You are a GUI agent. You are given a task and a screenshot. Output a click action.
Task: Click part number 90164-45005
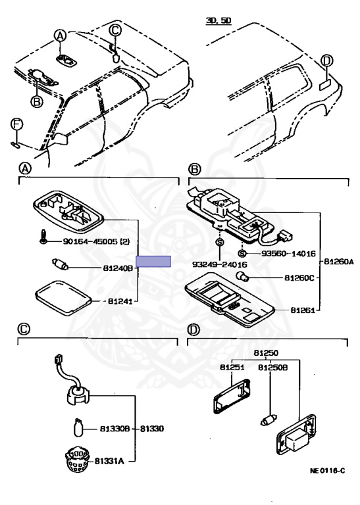click(x=90, y=241)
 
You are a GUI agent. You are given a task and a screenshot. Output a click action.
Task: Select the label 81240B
click(x=118, y=268)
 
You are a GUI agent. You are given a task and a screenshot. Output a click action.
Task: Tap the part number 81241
click(x=120, y=301)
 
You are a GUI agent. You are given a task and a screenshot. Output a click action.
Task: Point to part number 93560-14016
click(x=288, y=254)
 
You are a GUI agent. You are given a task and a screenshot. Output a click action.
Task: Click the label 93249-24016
click(x=219, y=264)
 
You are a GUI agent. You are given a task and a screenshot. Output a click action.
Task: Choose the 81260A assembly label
click(x=338, y=262)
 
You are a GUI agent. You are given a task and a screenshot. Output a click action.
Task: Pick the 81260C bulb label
click(x=299, y=277)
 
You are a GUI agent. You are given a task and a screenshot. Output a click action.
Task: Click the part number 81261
click(x=303, y=310)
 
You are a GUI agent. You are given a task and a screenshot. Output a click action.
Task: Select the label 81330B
click(x=115, y=429)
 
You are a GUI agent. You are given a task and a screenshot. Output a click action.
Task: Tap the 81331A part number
click(x=109, y=461)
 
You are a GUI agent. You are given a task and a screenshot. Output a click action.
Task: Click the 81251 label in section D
click(x=232, y=367)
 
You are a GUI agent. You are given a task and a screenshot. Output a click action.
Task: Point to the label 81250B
click(x=272, y=367)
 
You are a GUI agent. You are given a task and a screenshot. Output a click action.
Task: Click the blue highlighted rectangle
click(x=153, y=261)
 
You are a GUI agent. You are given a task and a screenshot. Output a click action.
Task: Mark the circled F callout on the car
click(x=16, y=125)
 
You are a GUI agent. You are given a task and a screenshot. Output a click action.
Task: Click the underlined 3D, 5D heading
click(x=219, y=21)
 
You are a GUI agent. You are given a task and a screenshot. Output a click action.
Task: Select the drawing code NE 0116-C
click(x=327, y=471)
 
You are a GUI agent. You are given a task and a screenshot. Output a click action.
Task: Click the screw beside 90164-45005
click(x=43, y=237)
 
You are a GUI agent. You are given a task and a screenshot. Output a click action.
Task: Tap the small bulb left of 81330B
click(x=78, y=427)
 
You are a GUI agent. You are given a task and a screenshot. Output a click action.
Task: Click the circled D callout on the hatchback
click(x=327, y=61)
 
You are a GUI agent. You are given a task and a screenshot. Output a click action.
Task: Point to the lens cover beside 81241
click(x=63, y=299)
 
